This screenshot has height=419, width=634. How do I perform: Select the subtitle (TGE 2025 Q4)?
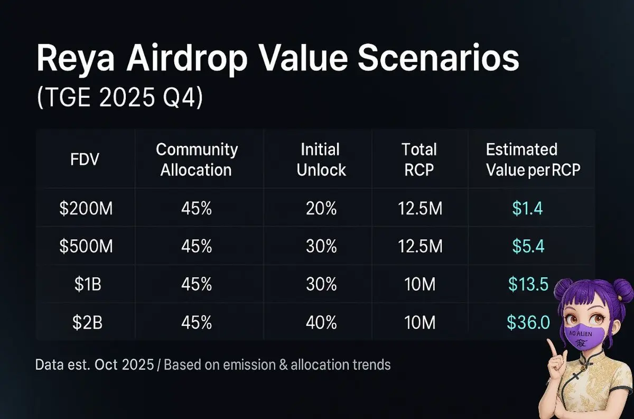119,99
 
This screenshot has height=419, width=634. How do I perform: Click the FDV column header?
85,160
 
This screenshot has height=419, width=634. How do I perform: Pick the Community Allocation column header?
197,160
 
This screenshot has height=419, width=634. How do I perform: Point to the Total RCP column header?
419,160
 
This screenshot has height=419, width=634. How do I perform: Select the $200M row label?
86,209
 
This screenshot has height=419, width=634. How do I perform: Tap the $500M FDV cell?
86,247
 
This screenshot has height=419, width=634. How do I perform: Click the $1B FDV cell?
86,285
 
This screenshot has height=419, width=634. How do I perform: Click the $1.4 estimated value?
527,209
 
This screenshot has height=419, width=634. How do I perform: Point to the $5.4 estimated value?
527,247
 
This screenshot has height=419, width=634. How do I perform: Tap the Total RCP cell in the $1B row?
419,285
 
